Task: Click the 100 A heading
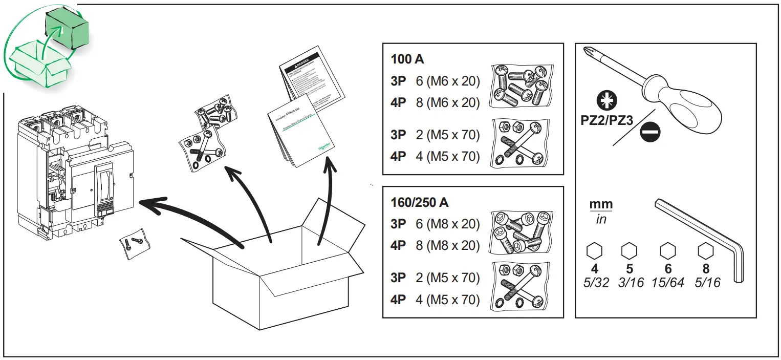407,59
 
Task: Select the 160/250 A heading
420,202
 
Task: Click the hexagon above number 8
705,251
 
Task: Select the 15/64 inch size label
667,283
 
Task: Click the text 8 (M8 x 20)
448,246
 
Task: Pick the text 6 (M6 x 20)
448,81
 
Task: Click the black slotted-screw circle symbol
650,132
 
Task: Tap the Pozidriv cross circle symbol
608,101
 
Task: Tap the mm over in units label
600,211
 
